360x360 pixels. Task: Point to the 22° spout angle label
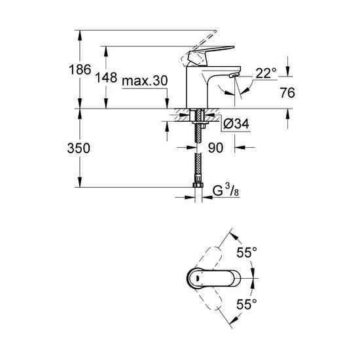pos(266,75)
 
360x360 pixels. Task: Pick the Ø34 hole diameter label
pos(235,123)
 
